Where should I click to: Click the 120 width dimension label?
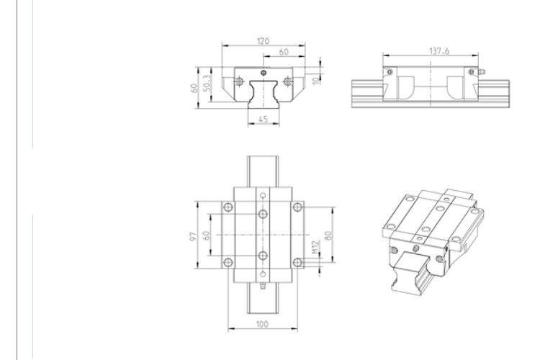[263, 42]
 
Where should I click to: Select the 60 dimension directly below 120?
[284, 53]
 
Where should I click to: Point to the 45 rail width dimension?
[263, 120]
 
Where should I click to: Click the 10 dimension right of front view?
[318, 74]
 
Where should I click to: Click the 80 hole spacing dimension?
[328, 235]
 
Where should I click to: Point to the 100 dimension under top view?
[262, 325]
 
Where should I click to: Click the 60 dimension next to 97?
[206, 235]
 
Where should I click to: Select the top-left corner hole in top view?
[228, 207]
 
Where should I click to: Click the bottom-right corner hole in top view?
[297, 262]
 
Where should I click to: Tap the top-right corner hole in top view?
[297, 207]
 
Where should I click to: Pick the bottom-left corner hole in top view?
[228, 262]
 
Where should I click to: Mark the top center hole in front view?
[264, 73]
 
